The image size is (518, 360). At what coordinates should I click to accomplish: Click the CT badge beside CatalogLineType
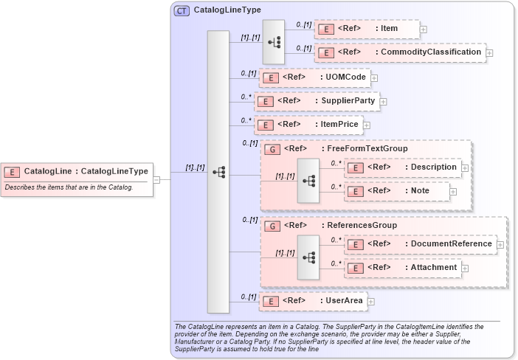181,11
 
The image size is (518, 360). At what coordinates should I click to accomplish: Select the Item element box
367,29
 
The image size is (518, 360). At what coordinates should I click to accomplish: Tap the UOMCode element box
314,77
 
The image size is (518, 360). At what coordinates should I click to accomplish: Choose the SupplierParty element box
316,101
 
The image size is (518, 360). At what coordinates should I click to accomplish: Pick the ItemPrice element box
308,125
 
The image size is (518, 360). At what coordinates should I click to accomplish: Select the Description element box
403,167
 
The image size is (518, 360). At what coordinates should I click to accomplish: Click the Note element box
397,191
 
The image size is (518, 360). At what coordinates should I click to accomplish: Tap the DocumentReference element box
420,244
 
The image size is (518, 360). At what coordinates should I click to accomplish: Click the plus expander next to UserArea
371,301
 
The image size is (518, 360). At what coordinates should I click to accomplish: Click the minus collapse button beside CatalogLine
156,179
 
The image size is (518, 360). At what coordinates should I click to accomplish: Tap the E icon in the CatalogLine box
12,172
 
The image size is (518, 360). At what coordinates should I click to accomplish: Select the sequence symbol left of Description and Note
308,180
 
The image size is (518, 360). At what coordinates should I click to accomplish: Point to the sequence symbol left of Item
274,41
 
